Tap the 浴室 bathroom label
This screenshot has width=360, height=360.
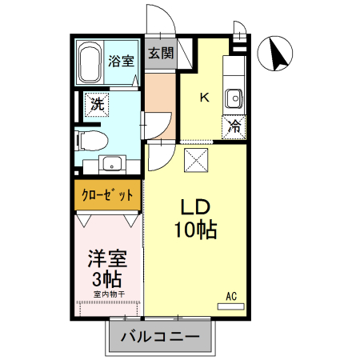(x=121, y=60)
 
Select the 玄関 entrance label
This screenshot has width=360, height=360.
(x=160, y=54)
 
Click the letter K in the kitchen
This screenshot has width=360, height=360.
(x=204, y=98)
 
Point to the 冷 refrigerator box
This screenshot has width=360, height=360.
(x=235, y=126)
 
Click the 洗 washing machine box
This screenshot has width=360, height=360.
(x=97, y=104)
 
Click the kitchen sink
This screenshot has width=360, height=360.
(x=234, y=98)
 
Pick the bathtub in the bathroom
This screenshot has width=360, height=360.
(x=89, y=62)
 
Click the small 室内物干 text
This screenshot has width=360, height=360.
(x=108, y=294)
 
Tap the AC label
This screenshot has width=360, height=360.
(x=232, y=295)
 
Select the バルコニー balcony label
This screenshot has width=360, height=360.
(x=160, y=337)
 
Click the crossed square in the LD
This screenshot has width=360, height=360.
(x=197, y=159)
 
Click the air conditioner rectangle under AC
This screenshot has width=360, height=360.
(x=232, y=305)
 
